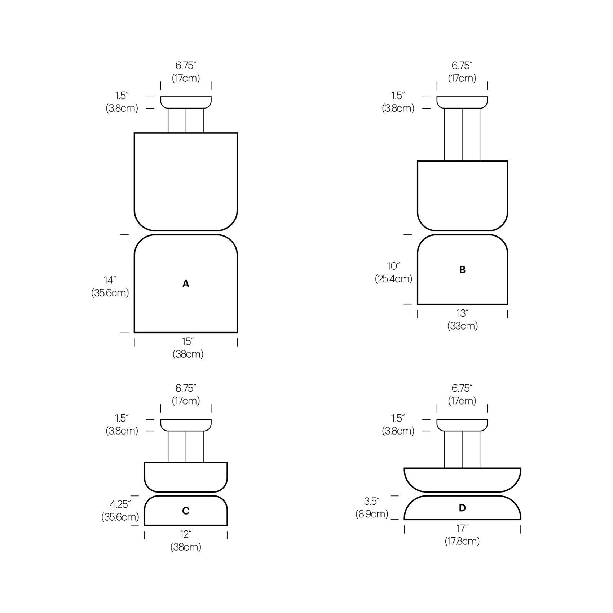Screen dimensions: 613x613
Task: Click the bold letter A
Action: tap(186, 284)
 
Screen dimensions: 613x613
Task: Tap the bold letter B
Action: tap(462, 270)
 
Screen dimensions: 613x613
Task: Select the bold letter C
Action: tap(186, 511)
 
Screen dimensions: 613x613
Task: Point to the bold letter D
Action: tap(462, 508)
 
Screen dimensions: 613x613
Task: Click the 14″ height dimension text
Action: tap(110, 280)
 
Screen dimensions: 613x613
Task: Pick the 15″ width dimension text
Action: tap(188, 341)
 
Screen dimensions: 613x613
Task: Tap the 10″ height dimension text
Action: tap(393, 266)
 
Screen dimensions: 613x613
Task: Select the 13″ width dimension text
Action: tap(462, 313)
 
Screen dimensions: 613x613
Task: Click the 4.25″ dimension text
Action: tap(120, 504)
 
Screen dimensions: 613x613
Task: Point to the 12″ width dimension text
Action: tap(186, 534)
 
